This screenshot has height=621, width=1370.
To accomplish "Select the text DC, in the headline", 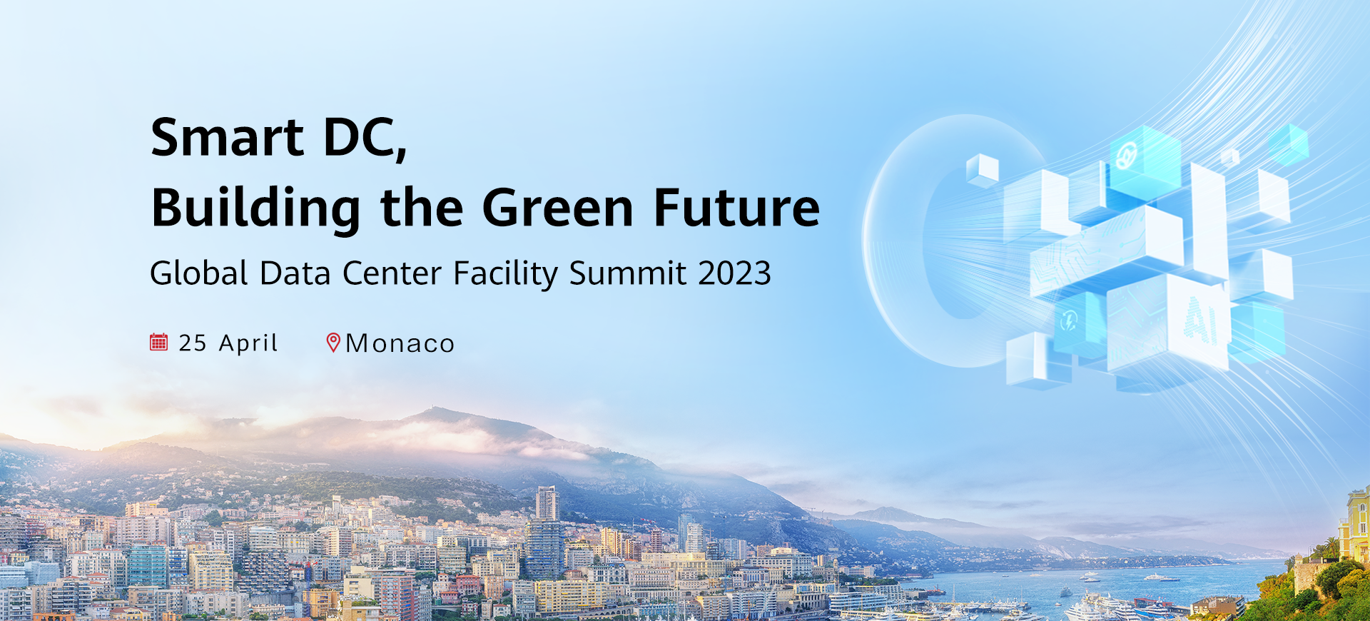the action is [x=365, y=138].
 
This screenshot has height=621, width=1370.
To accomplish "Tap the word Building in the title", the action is [x=256, y=208].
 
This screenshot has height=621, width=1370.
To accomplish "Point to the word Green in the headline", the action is [x=558, y=208].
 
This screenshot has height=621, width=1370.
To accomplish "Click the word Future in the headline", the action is [x=737, y=208].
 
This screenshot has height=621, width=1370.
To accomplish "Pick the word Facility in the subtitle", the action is [x=506, y=274].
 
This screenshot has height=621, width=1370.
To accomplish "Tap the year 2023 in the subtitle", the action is [x=734, y=273].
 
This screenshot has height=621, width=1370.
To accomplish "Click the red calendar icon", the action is [x=158, y=343].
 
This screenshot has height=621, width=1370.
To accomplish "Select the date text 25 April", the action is [x=228, y=343].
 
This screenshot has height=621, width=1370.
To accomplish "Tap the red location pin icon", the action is [x=333, y=343].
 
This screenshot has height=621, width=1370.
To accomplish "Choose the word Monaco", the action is [x=400, y=343].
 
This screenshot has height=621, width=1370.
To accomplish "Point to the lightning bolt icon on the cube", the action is [x=1068, y=320].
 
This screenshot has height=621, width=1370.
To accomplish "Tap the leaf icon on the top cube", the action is [x=1127, y=155].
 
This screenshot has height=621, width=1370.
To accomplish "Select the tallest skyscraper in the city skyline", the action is [x=547, y=504].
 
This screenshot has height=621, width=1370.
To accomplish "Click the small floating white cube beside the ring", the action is [x=983, y=171].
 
